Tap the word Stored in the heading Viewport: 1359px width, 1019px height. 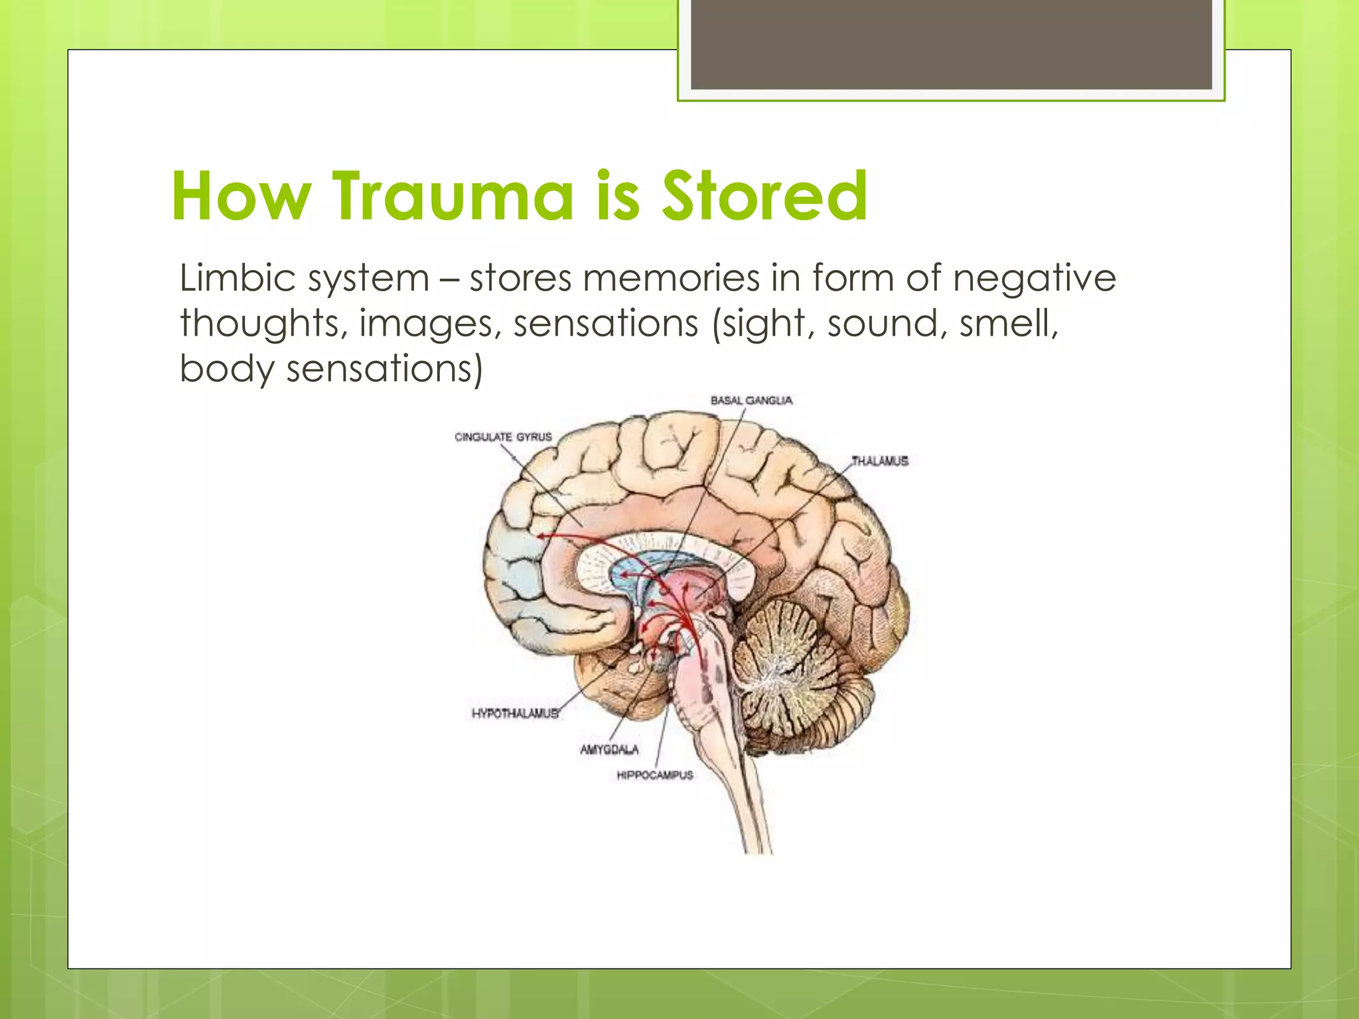click(x=765, y=196)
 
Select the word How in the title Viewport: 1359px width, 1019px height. click(x=241, y=196)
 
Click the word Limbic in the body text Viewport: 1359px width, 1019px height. click(x=238, y=278)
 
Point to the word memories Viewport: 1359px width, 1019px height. click(x=671, y=278)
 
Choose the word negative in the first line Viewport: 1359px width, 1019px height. click(x=1035, y=278)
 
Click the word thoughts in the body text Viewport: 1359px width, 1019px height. click(x=263, y=324)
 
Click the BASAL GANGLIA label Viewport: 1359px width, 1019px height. click(x=751, y=401)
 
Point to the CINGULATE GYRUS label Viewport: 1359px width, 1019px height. click(x=503, y=437)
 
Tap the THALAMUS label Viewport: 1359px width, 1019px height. click(x=880, y=461)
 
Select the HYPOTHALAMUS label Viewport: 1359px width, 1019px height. click(x=515, y=714)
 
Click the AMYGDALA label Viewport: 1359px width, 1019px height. click(x=609, y=750)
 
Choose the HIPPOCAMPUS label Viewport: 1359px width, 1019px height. click(x=654, y=775)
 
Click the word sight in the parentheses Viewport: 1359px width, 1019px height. click(x=763, y=324)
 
